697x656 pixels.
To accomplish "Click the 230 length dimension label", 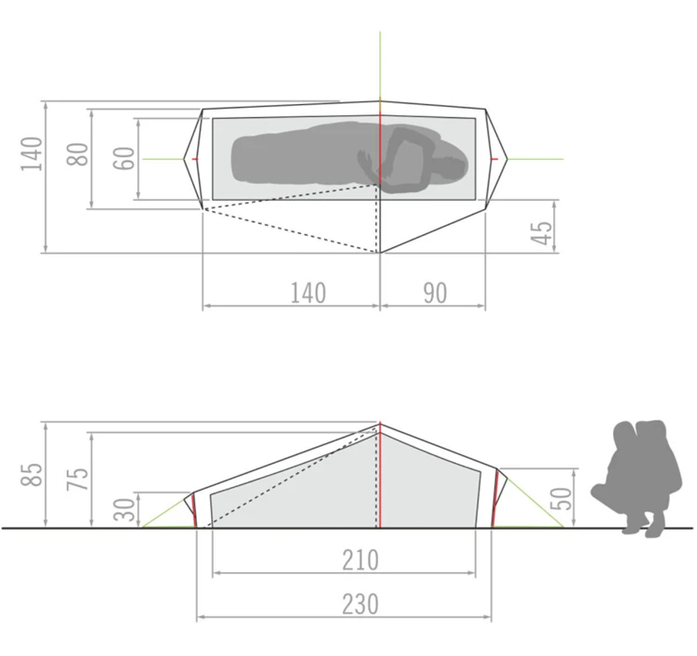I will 360,604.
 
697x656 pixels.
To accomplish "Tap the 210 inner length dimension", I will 360,560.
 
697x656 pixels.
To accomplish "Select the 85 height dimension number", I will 33,474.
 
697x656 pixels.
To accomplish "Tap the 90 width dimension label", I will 433,293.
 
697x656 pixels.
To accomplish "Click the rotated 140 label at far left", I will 33,154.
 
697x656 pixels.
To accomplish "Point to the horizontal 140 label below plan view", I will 308,293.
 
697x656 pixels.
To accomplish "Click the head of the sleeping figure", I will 450,168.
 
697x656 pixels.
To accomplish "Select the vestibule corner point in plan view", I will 379,252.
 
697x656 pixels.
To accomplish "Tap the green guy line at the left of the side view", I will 167,509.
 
